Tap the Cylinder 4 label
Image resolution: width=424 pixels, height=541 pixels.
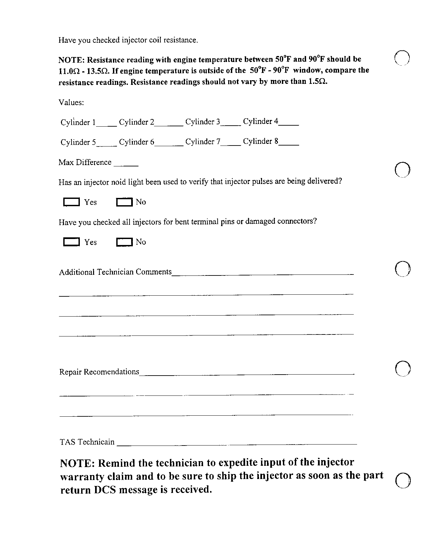point(260,121)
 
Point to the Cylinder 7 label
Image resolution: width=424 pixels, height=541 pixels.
point(203,142)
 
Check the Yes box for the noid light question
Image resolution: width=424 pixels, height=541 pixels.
point(71,202)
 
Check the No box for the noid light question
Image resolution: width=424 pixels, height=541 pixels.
point(124,202)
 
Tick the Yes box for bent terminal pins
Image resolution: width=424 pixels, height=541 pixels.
point(71,242)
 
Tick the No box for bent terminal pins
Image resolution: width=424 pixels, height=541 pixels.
point(124,242)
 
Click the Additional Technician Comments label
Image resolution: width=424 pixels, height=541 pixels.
point(115,272)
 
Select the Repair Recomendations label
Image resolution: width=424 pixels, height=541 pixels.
point(99,372)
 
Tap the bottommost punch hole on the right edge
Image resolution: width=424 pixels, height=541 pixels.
point(403,480)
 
